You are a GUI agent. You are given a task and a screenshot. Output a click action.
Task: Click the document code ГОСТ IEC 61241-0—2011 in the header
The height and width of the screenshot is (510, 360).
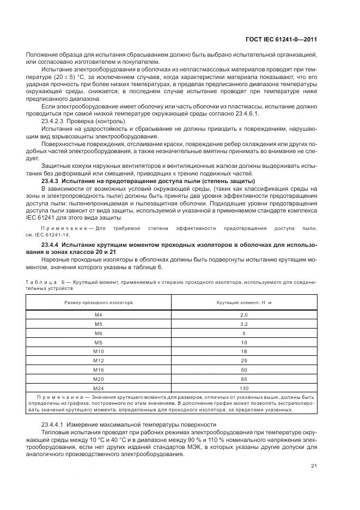pos(279,39)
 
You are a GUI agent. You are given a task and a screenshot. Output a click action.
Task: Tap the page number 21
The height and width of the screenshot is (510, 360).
pos(314,465)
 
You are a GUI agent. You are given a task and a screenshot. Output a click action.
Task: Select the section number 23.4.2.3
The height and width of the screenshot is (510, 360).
pos(53,122)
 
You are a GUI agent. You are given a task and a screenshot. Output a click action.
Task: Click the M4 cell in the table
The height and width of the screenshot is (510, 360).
pos(99,315)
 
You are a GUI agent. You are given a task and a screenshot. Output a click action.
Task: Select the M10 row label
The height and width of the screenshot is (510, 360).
pos(99,352)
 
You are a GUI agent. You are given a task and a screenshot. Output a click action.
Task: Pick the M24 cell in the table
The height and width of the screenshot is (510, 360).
pos(99,388)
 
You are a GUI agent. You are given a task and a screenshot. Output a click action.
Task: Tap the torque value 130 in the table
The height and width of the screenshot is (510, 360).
pos(243,388)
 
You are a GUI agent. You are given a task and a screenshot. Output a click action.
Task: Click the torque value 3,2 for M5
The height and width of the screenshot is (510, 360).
pos(243,324)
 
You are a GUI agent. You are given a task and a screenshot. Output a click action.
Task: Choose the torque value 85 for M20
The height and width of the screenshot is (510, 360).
pos(243,379)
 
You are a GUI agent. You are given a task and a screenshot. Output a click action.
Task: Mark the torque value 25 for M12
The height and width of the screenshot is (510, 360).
pos(243,361)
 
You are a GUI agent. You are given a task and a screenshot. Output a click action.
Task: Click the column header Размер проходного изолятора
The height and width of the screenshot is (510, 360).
pos(99,301)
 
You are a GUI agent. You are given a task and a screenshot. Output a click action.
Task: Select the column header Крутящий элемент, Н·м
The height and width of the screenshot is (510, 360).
pos(243,301)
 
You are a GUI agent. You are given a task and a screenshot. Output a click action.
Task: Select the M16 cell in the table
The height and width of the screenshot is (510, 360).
pos(99,370)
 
